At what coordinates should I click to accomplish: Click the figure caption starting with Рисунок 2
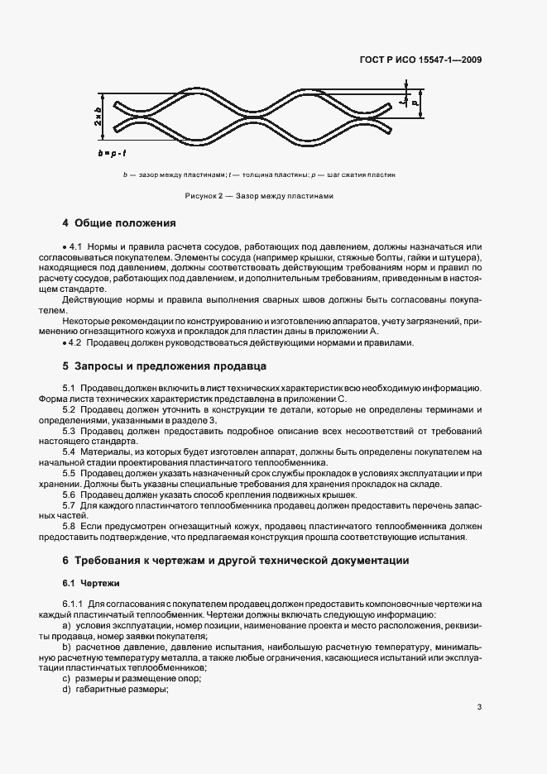coord(259,197)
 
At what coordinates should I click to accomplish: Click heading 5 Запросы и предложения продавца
coord(166,365)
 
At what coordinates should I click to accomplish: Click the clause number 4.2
coord(77,343)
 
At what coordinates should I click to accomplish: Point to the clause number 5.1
coord(70,388)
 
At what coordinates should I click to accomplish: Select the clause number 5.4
coord(70,451)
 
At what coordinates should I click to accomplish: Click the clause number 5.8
coord(70,526)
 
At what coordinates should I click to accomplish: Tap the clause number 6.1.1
coord(73,603)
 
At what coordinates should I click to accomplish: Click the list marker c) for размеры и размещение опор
coord(66,678)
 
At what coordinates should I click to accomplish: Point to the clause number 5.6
coord(70,494)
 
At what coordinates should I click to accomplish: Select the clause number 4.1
coord(77,247)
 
